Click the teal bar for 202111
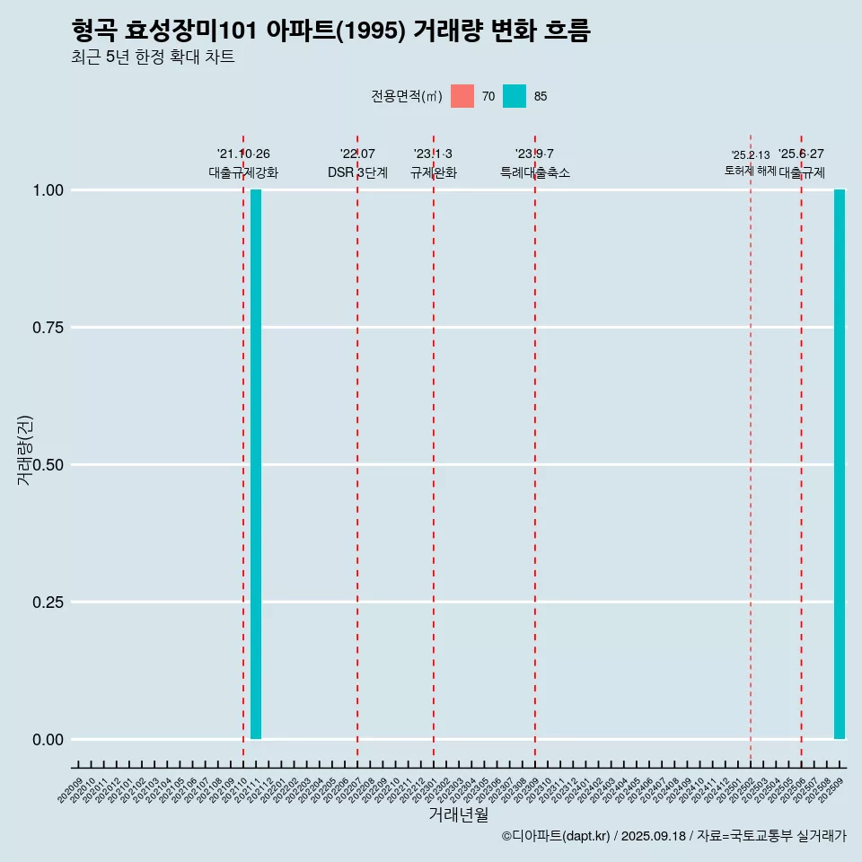tap(256, 464)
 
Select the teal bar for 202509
tap(840, 464)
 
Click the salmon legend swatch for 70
tap(462, 96)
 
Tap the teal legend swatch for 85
tap(515, 96)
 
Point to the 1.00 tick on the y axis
tap(48, 190)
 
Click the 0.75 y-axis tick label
tap(48, 328)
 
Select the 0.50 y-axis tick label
tap(48, 465)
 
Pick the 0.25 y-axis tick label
tap(48, 603)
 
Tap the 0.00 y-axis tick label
tap(48, 740)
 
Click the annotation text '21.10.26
tap(243, 154)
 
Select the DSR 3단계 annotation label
tap(357, 172)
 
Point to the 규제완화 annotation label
tap(434, 172)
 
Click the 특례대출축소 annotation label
tap(535, 172)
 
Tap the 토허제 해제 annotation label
tap(751, 171)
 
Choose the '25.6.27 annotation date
tap(801, 154)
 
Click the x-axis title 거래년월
tap(459, 814)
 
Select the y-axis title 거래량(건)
tap(25, 450)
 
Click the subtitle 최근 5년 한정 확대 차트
tap(153, 57)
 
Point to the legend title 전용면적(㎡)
tap(407, 96)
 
